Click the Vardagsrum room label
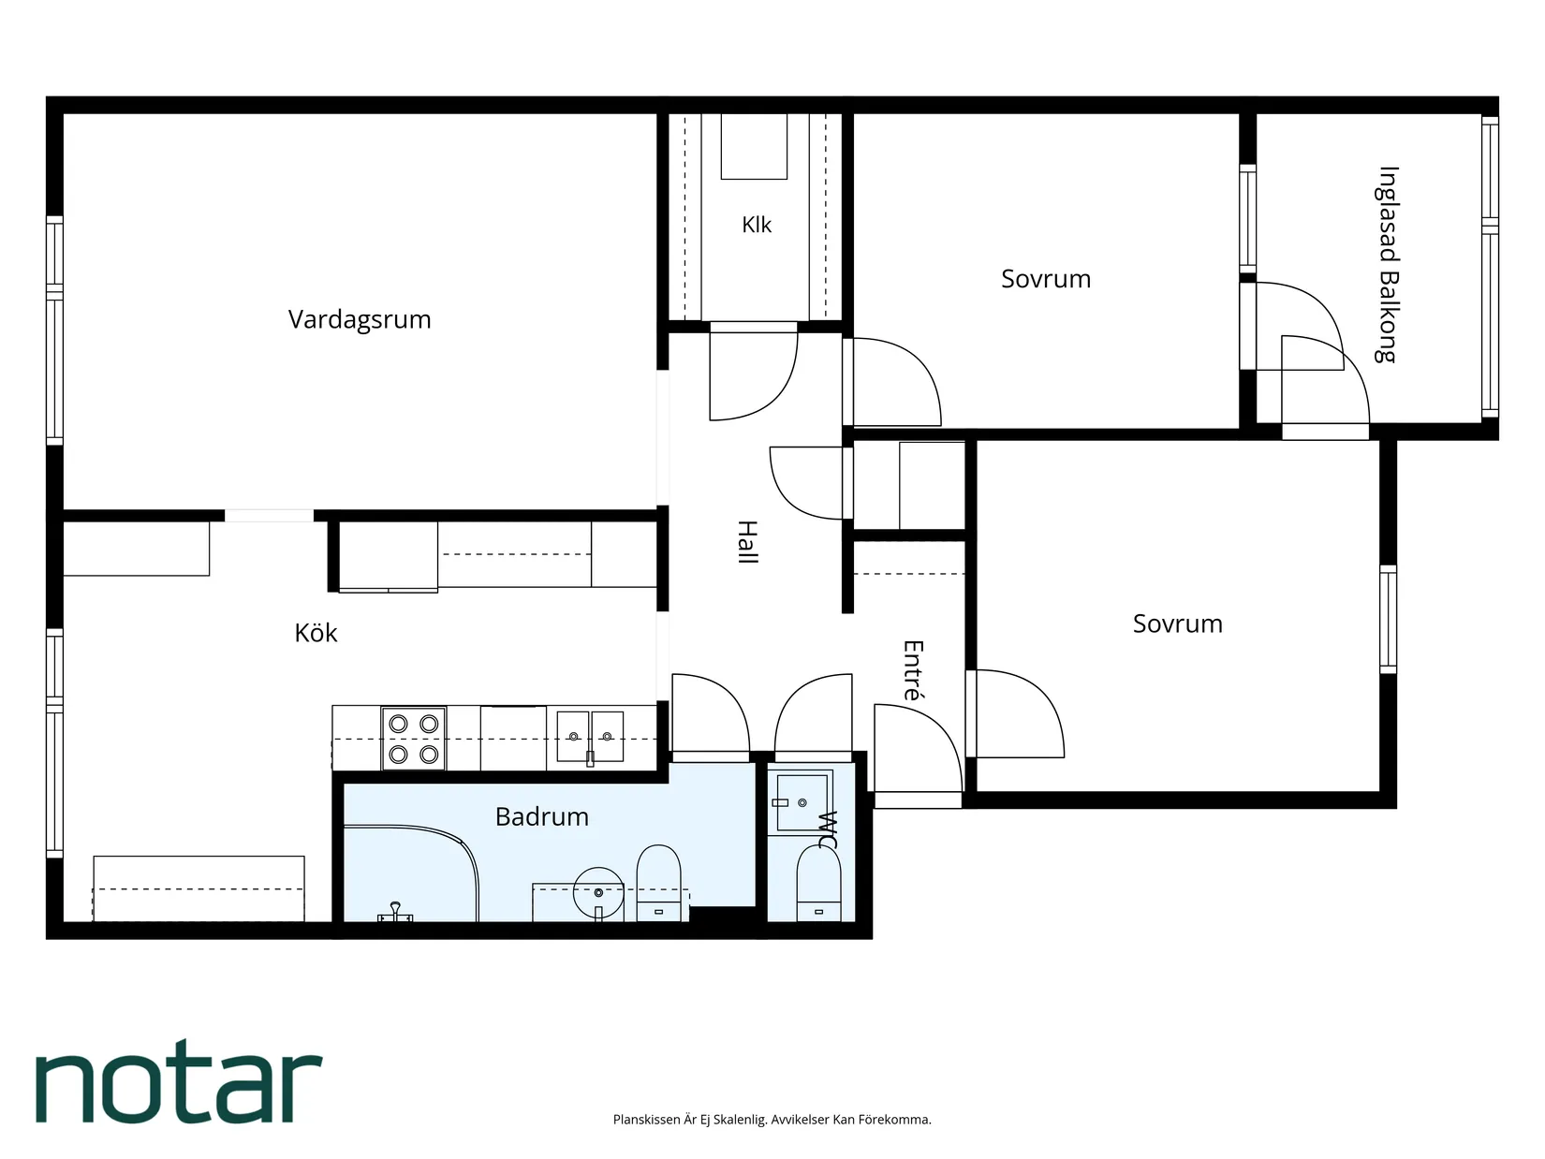[x=359, y=319]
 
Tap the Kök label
[x=316, y=633]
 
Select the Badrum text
[x=542, y=817]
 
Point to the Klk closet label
[x=757, y=225]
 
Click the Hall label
[x=747, y=542]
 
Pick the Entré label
[x=913, y=670]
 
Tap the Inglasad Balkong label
[x=1388, y=265]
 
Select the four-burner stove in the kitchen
[x=413, y=739]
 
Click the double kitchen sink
[x=590, y=737]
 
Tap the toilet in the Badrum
[x=659, y=883]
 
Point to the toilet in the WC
[x=818, y=884]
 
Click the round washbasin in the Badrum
[x=598, y=892]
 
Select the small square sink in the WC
[x=802, y=802]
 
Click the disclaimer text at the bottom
[x=772, y=1120]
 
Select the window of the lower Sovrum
[x=1388, y=619]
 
